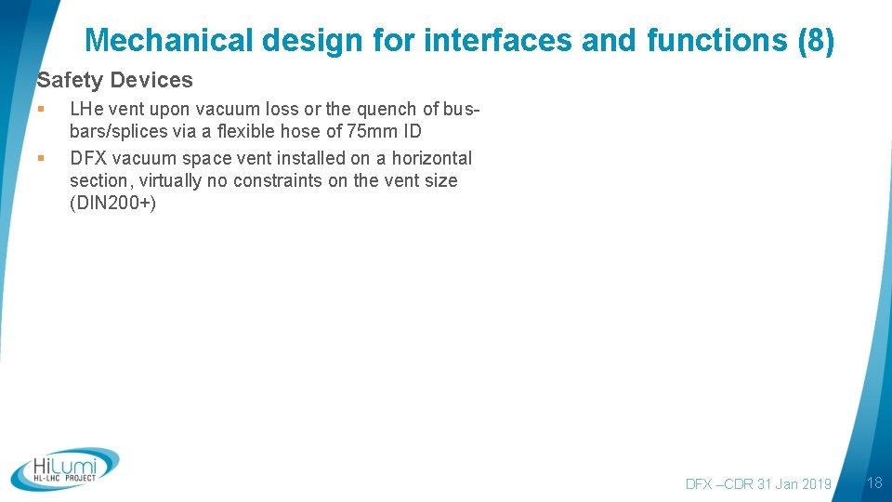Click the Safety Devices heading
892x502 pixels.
point(115,81)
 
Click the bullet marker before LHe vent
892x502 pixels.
point(41,110)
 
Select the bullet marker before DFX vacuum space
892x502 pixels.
point(41,159)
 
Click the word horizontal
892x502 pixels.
point(432,159)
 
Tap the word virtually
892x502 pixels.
point(169,181)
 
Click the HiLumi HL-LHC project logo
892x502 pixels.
point(66,469)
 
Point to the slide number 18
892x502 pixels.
point(873,482)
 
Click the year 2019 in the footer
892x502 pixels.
point(815,483)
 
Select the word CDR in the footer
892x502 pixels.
point(740,483)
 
